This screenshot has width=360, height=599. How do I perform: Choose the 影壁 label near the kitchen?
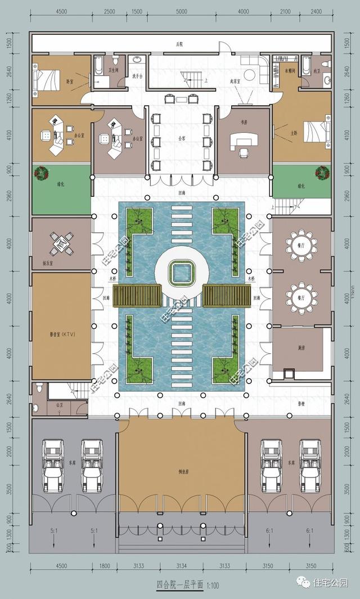[301, 404]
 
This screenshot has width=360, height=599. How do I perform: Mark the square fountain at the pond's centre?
[181, 273]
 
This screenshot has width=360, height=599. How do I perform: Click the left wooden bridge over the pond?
[137, 295]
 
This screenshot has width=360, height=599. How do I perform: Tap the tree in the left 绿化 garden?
[40, 173]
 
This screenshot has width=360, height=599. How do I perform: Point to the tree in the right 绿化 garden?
[322, 172]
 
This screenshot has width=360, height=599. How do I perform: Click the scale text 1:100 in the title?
[211, 586]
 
